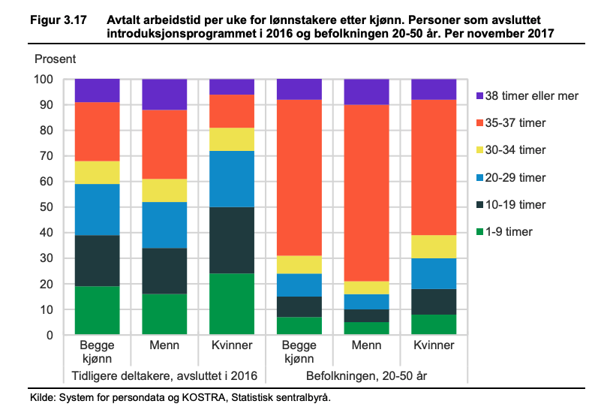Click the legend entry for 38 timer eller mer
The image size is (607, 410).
(533, 96)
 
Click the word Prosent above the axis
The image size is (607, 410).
(56, 59)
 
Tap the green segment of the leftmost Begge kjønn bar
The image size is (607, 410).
(98, 310)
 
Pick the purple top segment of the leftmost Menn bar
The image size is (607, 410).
(164, 95)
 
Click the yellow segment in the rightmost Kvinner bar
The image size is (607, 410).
(434, 246)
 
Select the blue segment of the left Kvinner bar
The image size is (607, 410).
(232, 179)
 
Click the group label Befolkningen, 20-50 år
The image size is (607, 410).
(366, 375)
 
